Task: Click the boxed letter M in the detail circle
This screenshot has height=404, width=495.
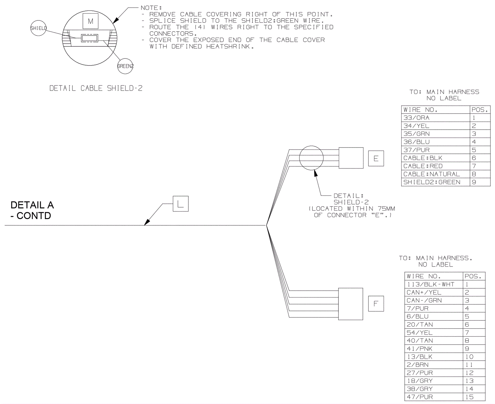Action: [90, 21]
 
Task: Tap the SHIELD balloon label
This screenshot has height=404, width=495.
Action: [38, 28]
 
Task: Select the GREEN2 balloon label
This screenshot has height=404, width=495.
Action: [125, 66]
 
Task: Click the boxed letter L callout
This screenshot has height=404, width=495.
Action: [180, 204]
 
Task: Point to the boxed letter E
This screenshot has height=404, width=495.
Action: [376, 158]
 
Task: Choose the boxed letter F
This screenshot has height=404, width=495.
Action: [376, 303]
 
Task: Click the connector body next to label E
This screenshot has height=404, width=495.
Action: [351, 158]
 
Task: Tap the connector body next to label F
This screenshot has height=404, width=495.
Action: [350, 304]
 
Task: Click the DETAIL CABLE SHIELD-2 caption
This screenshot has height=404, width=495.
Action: [96, 88]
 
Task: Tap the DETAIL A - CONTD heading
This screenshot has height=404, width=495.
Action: [32, 210]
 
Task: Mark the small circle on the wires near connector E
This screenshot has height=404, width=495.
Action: [311, 158]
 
